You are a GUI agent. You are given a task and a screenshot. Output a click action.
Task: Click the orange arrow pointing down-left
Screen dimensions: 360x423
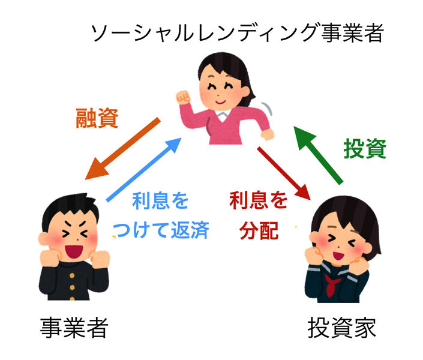click(x=123, y=149)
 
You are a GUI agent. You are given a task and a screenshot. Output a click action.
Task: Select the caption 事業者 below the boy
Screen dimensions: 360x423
click(x=74, y=327)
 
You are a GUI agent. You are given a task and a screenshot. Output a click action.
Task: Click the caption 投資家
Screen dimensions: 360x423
click(x=341, y=328)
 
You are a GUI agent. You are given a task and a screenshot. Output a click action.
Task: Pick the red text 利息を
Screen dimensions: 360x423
click(x=259, y=200)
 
